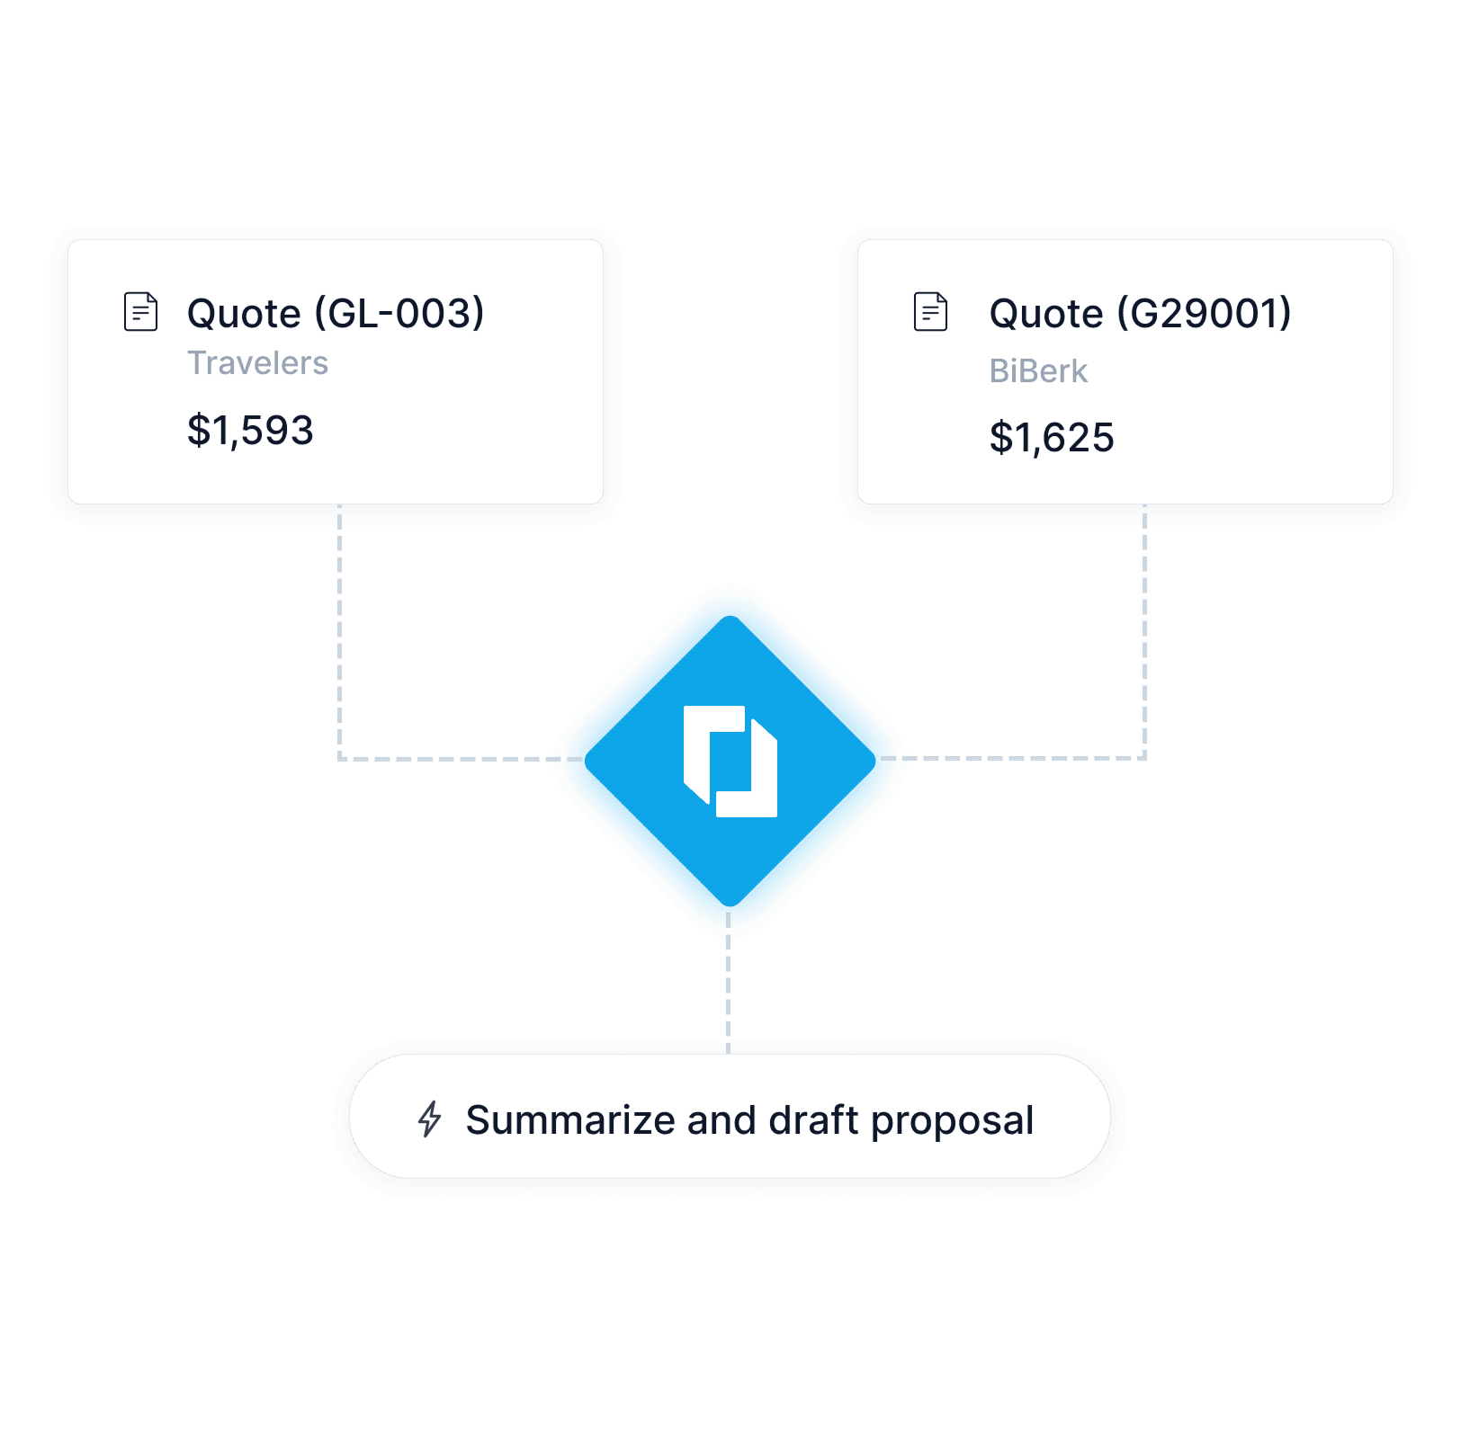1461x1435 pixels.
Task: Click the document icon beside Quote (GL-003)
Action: coord(140,312)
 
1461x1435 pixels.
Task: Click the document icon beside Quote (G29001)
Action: coord(930,312)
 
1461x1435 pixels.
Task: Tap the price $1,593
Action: coord(250,431)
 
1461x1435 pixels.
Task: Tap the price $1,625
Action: coord(1052,438)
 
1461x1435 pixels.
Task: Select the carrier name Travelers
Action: coord(257,363)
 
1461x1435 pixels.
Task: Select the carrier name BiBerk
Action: coord(1038,371)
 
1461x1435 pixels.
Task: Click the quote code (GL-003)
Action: coord(399,313)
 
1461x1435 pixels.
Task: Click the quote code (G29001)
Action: coord(1204,313)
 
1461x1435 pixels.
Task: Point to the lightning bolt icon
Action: coord(430,1119)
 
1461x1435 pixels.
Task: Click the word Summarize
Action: coord(570,1120)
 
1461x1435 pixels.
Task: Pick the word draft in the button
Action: coord(813,1120)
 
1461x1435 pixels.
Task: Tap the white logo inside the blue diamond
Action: coord(730,761)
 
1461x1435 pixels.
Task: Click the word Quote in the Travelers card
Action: coord(244,314)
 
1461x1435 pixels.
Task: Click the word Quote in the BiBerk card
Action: coord(1046,314)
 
